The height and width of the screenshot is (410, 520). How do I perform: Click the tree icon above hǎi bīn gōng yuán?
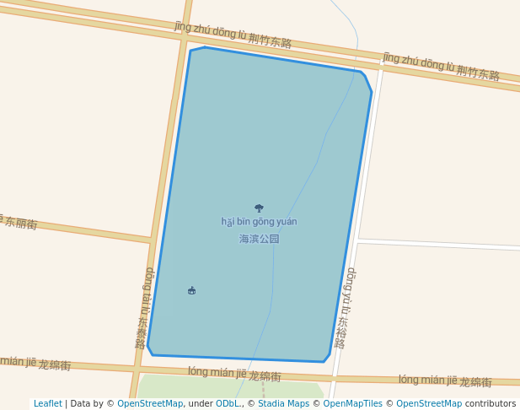259,208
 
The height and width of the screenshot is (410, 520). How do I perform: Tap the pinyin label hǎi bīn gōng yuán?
259,222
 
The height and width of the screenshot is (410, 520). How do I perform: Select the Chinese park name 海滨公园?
259,239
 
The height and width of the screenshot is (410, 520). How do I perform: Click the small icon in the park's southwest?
191,290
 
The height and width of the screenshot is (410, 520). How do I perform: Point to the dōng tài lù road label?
144,307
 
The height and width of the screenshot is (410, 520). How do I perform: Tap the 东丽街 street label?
19,222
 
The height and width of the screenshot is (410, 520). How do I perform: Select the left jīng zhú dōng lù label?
233,35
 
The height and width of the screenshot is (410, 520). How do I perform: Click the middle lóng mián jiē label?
233,374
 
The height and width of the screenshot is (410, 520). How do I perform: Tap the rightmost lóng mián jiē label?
444,381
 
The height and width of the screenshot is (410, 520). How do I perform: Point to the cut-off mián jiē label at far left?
35,364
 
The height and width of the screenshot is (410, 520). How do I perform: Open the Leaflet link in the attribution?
47,404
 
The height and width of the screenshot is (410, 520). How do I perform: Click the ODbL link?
228,404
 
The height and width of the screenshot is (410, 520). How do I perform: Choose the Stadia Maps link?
283,404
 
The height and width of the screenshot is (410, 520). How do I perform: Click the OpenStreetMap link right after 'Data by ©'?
150,404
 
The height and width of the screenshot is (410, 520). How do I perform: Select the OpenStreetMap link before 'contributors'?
429,404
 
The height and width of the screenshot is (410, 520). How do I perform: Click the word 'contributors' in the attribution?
491,404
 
